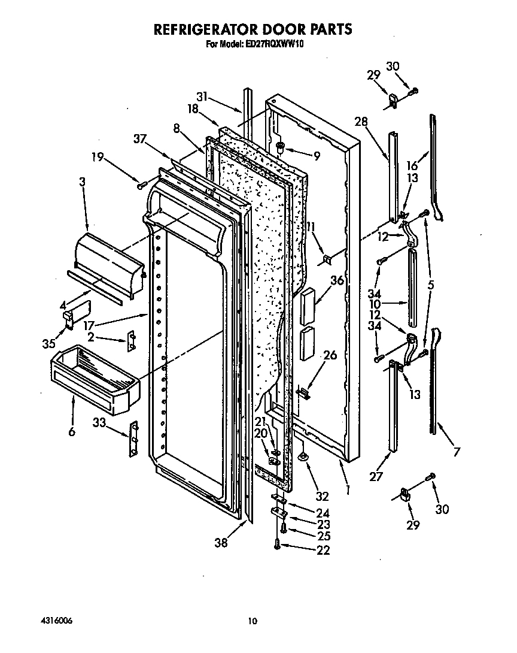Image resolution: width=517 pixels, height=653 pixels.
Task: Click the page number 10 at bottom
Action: (253, 621)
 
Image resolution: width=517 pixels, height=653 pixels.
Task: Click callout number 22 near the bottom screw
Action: (323, 550)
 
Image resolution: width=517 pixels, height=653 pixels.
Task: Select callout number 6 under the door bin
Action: (72, 431)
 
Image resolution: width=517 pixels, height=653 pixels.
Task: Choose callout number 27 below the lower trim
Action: (375, 477)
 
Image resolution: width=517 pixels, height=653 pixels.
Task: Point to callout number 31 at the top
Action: (203, 96)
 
